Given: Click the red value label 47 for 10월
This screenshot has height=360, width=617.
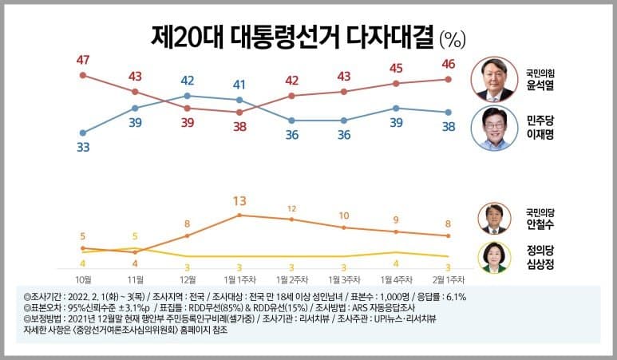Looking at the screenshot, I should [x=82, y=59].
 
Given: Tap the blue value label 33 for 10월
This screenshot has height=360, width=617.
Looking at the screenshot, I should [x=82, y=148].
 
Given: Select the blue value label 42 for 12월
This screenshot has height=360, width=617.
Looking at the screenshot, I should [x=188, y=80].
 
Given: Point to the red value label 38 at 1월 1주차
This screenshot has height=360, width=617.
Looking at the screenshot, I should [x=239, y=127].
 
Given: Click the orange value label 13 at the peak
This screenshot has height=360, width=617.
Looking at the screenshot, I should [x=239, y=200].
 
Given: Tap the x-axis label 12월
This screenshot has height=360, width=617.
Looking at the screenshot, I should [x=188, y=279].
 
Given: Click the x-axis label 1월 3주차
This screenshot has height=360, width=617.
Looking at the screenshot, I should [x=344, y=279].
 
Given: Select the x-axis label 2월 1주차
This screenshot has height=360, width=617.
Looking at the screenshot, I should [x=449, y=279].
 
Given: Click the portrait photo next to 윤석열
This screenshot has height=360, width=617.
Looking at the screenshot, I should [x=494, y=78].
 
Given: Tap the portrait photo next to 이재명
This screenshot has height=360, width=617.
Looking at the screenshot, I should [x=494, y=127].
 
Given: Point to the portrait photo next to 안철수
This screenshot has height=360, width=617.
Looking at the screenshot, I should [x=494, y=218].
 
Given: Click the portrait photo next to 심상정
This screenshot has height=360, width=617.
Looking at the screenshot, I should [x=494, y=257].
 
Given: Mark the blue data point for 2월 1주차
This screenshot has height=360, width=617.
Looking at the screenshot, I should [x=449, y=113].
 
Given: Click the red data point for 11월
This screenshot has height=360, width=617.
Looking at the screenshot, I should [x=135, y=92].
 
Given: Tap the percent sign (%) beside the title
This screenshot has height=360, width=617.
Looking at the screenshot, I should [x=453, y=38].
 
